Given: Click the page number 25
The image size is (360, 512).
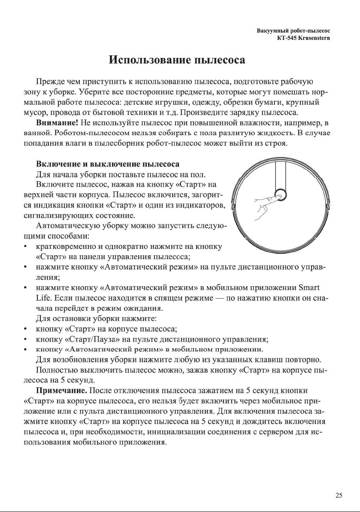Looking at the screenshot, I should click(x=339, y=496).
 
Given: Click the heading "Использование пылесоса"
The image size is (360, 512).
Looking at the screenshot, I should click(x=177, y=59).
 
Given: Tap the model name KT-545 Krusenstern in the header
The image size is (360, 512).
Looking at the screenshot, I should click(x=305, y=39).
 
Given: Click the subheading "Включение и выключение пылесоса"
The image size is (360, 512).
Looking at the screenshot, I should click(x=107, y=164).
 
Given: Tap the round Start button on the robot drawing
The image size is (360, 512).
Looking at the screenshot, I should click(x=280, y=194).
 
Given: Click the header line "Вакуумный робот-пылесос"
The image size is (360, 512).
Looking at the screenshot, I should click(x=296, y=31).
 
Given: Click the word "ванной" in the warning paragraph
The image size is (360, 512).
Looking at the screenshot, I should click(x=34, y=134).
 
